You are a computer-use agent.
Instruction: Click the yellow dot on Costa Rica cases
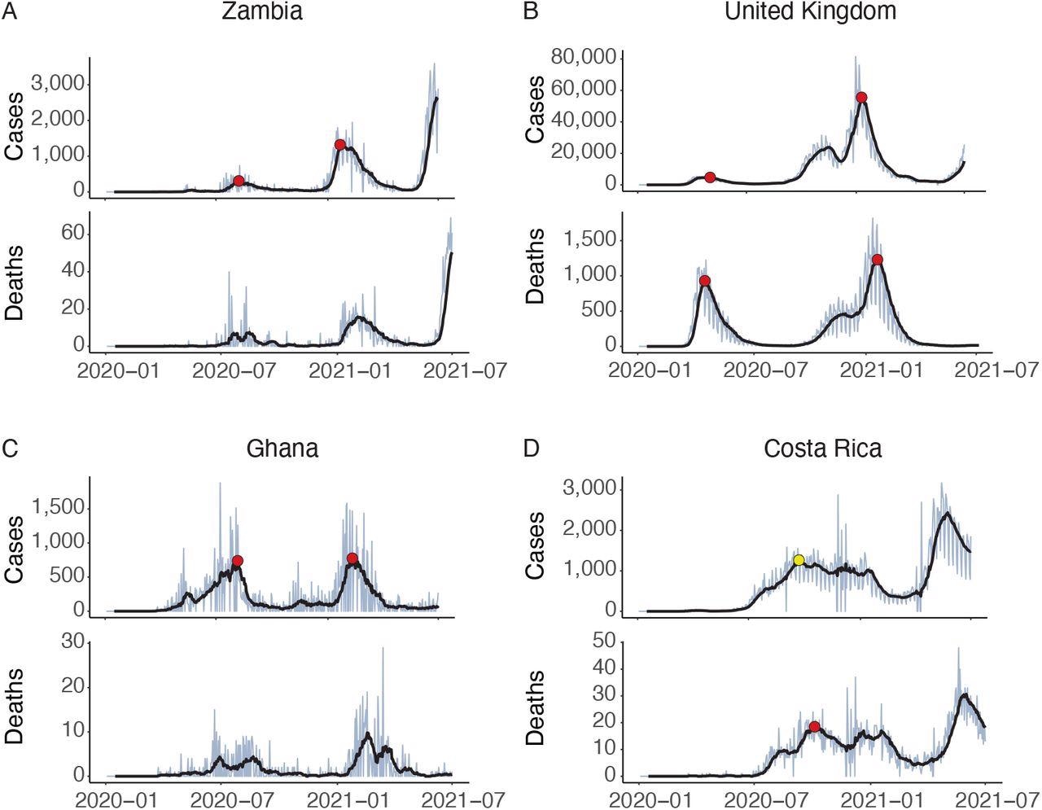click(x=799, y=560)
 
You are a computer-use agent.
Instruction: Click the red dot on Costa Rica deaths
click(x=814, y=727)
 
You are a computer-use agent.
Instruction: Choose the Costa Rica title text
click(x=823, y=449)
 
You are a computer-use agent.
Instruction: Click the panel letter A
click(x=8, y=12)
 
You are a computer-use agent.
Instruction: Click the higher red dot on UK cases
click(x=861, y=98)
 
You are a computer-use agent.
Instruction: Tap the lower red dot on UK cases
click(x=710, y=177)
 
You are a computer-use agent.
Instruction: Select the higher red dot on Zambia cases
click(x=339, y=145)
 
